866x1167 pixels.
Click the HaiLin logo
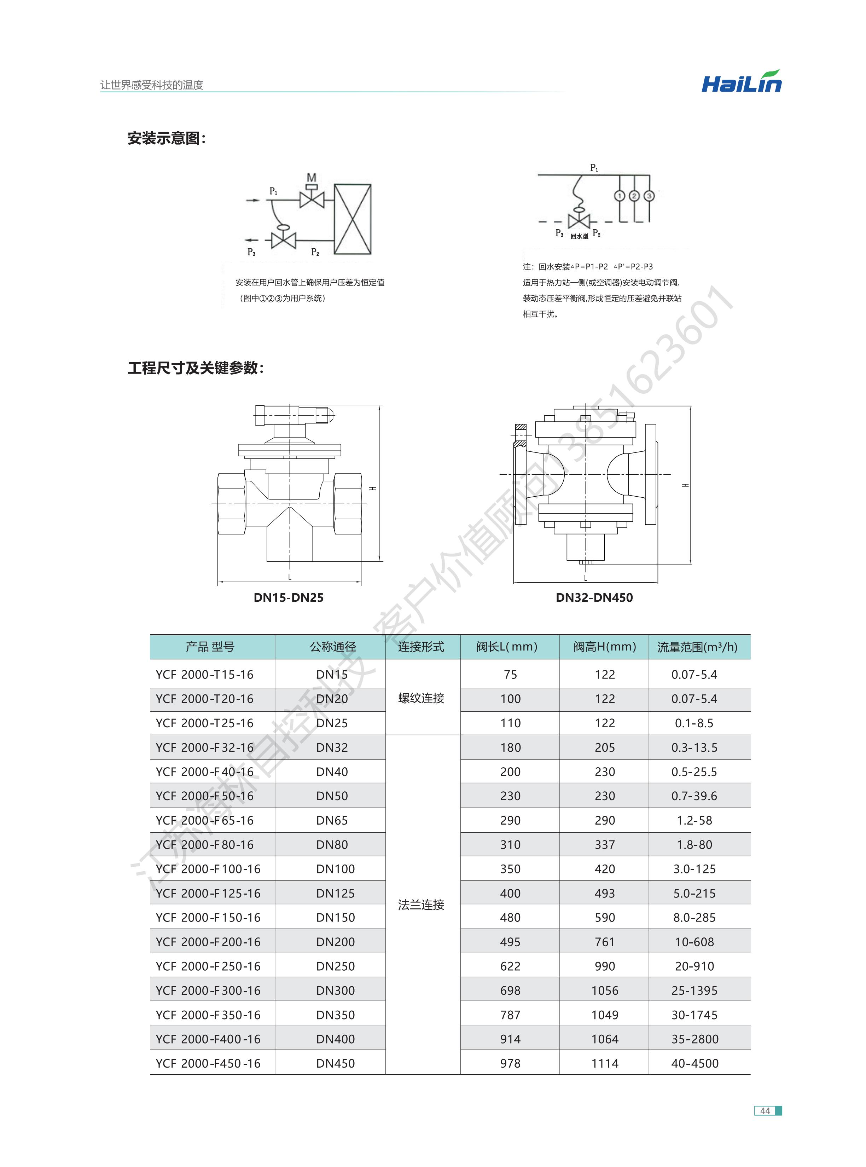(x=741, y=82)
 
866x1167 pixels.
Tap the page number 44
(x=765, y=1110)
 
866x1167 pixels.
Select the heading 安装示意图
(x=167, y=138)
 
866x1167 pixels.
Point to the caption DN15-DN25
(x=288, y=598)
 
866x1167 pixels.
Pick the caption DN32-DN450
(x=594, y=598)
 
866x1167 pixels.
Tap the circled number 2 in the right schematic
(x=634, y=196)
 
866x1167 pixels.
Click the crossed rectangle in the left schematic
(x=353, y=219)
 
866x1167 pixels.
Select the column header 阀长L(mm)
(x=506, y=647)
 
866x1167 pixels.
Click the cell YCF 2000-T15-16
(x=204, y=675)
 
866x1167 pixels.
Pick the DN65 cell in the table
(x=332, y=820)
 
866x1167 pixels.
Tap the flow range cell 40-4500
(x=694, y=1064)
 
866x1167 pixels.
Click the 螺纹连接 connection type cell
(x=421, y=698)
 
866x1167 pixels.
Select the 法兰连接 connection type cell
(x=421, y=905)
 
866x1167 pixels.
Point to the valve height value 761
(x=604, y=942)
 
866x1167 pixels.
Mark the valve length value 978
(x=510, y=1064)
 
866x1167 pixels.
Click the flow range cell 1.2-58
(x=694, y=820)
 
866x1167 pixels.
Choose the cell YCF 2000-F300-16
(x=208, y=991)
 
